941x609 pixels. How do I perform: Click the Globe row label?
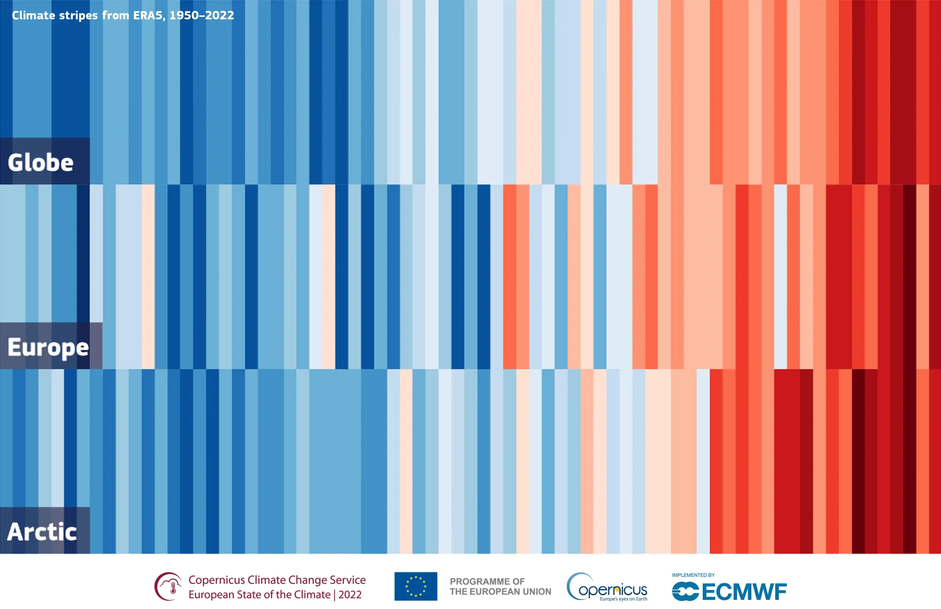point(41,163)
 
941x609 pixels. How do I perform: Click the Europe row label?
point(48,347)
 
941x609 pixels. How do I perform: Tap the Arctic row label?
point(42,531)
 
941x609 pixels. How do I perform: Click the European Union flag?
point(415,586)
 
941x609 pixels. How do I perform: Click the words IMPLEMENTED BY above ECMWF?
point(693,575)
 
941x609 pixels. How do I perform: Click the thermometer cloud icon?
point(169,586)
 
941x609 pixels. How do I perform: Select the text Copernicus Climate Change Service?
point(277,580)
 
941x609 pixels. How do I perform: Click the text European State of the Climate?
point(259,594)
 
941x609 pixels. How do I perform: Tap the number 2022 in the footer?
point(350,594)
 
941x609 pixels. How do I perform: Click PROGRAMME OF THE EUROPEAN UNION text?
point(500,587)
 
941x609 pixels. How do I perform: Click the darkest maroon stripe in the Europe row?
point(909,277)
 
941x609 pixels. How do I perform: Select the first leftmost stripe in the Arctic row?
point(6,435)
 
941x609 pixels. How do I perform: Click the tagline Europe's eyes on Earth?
point(623,599)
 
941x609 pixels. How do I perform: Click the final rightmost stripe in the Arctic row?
point(935,461)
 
